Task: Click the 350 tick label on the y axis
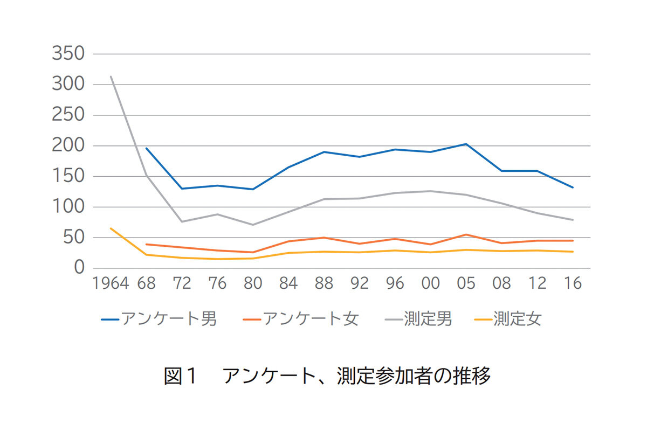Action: click(68, 54)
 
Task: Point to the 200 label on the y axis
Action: click(68, 146)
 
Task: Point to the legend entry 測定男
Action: click(418, 319)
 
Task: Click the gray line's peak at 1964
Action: click(111, 77)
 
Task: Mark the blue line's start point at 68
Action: click(146, 148)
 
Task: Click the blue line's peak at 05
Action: click(466, 144)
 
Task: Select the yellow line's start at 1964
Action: click(111, 228)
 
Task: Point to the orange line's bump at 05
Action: click(466, 234)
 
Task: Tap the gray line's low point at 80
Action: click(253, 225)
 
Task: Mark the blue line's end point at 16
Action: click(573, 187)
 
